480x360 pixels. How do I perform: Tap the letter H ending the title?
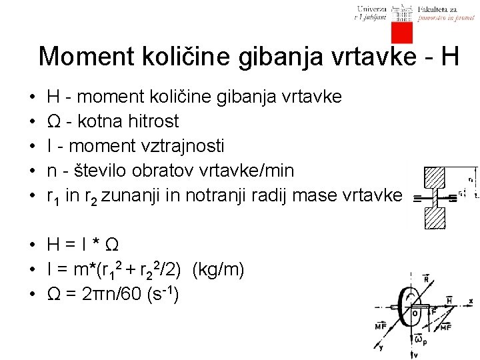(x=449, y=56)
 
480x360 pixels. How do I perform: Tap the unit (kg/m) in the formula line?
(x=218, y=270)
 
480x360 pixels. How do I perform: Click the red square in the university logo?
(x=402, y=32)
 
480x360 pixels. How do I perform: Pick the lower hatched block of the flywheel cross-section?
(x=435, y=217)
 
